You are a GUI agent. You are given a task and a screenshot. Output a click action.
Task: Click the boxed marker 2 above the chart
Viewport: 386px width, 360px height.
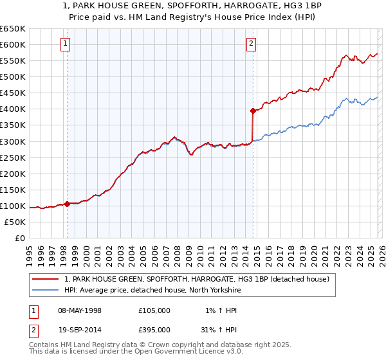251,44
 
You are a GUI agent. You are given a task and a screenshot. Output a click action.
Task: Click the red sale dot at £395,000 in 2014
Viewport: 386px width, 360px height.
253,111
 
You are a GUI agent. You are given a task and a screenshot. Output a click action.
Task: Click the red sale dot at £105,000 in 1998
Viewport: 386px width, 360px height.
67,204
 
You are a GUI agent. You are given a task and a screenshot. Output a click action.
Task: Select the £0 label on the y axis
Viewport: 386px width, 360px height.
19,238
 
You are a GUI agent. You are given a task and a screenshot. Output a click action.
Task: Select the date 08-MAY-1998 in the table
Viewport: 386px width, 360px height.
80,310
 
